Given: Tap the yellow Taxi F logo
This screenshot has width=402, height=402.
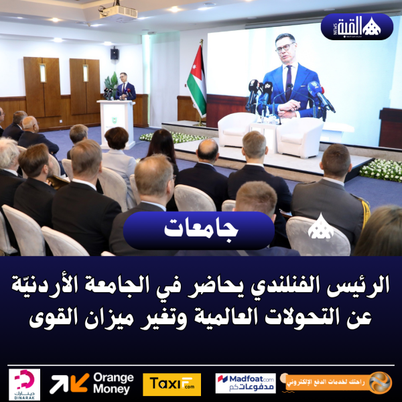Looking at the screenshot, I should point(172,384).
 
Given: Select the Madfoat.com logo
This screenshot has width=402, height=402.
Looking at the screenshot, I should point(245,383).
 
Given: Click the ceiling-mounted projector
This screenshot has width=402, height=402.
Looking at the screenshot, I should point(117,11).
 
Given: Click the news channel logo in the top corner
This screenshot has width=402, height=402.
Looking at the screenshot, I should point(357,27).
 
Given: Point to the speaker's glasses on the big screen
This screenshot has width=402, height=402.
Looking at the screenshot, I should point(285,48).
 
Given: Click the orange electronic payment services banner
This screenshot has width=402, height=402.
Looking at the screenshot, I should point(338,383).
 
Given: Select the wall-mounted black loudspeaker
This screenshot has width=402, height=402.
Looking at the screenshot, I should point(115,53).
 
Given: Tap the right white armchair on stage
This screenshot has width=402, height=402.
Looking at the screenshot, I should point(299,136).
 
